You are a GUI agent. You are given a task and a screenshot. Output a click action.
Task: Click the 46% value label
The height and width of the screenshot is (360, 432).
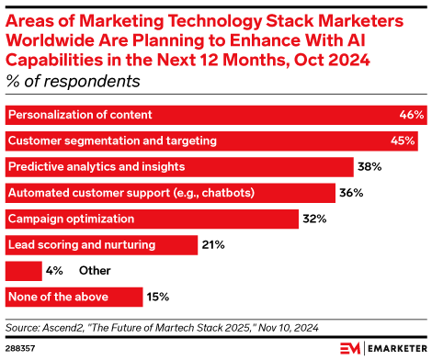412,115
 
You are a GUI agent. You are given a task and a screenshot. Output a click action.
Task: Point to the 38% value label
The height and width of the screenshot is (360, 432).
369,167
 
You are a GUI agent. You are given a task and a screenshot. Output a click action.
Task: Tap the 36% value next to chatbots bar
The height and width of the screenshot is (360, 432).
351,194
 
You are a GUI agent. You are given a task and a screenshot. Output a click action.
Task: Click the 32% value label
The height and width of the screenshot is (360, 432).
314,219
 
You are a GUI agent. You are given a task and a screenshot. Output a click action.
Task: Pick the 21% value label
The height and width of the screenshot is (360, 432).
213,245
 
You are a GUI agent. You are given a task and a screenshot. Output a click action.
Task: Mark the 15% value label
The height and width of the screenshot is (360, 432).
158,298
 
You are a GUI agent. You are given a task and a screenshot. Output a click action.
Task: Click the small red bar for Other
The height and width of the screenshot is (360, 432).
24,272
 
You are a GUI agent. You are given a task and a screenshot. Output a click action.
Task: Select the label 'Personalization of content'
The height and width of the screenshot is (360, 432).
80,115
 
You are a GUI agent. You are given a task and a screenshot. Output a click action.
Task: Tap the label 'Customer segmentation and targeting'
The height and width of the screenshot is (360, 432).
112,141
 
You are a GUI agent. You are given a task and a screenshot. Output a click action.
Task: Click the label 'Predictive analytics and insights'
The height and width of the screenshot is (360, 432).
97,167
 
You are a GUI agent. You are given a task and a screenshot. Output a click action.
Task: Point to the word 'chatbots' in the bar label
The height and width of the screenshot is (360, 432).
227,194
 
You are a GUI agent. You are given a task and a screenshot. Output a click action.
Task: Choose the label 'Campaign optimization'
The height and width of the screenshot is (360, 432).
71,219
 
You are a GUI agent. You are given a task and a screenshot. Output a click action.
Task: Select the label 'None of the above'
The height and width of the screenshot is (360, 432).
58,298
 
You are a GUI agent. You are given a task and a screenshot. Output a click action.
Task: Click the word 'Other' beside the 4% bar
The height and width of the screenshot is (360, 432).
95,272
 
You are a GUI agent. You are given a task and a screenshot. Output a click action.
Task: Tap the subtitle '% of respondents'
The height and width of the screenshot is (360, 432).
73,81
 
